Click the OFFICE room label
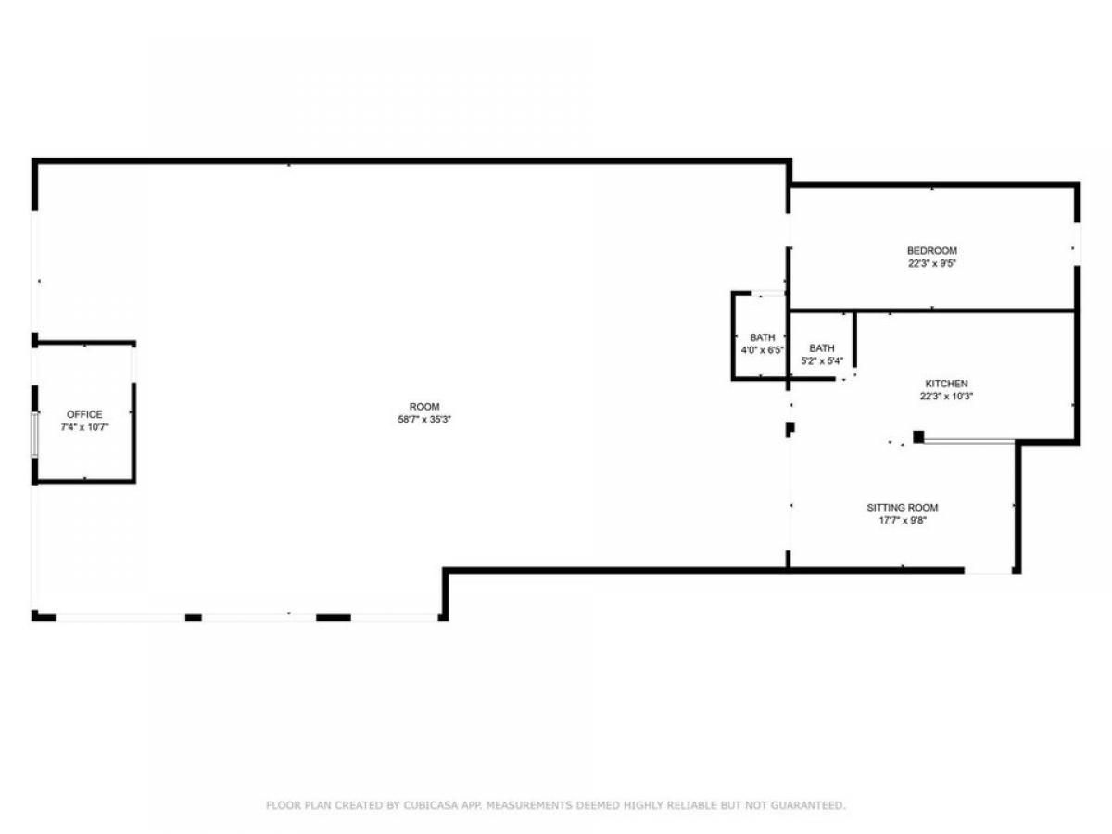84,414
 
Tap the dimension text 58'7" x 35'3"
424,419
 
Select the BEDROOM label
932,250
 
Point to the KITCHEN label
946,384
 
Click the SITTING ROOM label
903,508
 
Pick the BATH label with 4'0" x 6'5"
763,337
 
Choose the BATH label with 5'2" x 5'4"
822,348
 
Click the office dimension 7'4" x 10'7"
84,427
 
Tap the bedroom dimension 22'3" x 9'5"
932,263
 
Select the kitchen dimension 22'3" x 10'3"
946,397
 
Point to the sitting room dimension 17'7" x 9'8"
903,520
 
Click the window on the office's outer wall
35,435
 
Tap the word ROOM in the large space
424,407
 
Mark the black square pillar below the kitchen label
918,437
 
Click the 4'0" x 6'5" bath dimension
763,350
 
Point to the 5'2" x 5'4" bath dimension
822,361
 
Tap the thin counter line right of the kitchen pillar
969,442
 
